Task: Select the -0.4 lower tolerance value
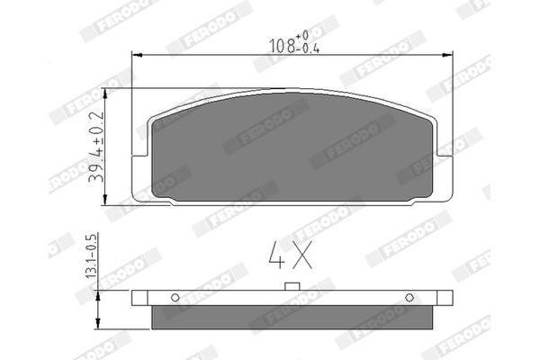tap(310, 49)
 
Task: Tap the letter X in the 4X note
tap(301, 257)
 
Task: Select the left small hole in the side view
tap(175, 298)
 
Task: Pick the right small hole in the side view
tap(409, 298)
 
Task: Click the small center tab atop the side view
tap(292, 287)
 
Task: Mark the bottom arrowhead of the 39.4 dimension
tap(107, 201)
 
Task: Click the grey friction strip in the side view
tap(292, 315)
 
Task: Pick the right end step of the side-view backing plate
tap(446, 298)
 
